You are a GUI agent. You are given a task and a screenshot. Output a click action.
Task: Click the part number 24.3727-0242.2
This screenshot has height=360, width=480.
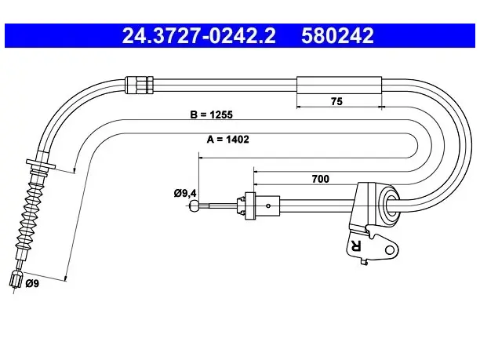(x=199, y=36)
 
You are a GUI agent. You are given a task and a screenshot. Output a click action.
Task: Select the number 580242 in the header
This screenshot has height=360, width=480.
(x=337, y=36)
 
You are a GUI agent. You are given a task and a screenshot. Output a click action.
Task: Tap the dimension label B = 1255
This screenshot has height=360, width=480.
(x=211, y=115)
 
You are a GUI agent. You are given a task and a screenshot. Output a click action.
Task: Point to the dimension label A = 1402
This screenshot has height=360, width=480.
(x=228, y=140)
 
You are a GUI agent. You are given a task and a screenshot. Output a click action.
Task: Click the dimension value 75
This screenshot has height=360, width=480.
(x=336, y=101)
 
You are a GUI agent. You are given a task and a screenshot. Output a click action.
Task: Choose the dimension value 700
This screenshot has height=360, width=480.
(x=321, y=179)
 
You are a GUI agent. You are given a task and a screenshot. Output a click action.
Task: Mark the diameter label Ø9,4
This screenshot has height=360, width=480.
(x=185, y=194)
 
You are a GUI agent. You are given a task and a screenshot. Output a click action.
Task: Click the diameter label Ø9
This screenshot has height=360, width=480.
(x=32, y=284)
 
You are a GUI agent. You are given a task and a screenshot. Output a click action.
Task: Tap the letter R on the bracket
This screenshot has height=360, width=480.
(x=356, y=245)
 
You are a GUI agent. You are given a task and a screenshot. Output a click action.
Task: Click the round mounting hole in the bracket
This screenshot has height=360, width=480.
(x=389, y=250)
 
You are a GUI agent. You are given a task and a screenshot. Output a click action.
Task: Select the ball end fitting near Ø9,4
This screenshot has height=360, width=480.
(x=195, y=205)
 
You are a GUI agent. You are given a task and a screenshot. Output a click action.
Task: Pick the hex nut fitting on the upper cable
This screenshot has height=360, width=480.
(x=140, y=85)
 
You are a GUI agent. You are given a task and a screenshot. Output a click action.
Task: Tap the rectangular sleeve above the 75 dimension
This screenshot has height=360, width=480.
(x=339, y=85)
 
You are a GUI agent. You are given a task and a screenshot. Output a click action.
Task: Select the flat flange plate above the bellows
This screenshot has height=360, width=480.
(x=41, y=164)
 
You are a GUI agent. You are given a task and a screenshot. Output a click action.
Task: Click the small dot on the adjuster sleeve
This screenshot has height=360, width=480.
(x=268, y=205)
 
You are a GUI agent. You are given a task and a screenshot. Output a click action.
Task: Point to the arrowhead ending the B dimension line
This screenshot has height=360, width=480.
(x=74, y=170)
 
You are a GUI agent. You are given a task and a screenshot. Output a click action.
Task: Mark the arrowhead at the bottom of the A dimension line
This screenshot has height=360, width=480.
(x=65, y=278)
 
